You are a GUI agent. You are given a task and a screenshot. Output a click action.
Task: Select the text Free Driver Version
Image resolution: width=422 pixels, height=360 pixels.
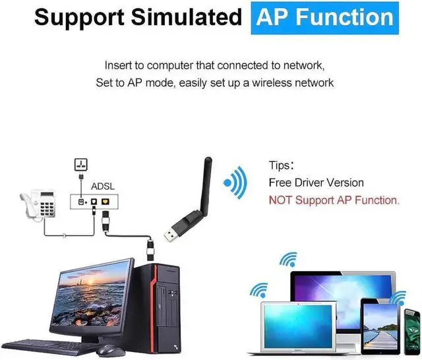pyautogui.click(x=316, y=183)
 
